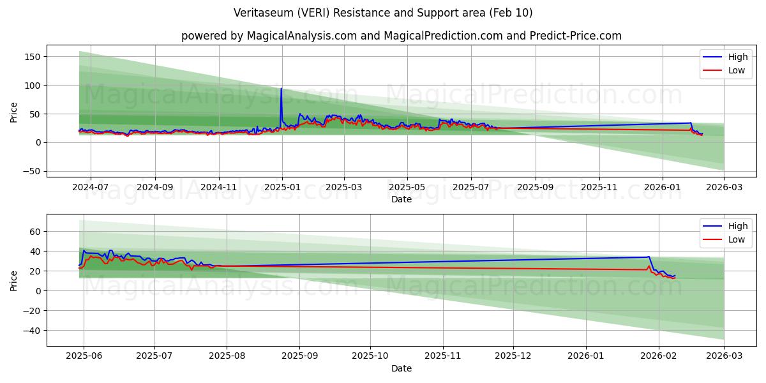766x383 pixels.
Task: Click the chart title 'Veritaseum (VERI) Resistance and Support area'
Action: (383, 13)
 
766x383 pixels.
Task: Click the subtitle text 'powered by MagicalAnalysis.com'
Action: (268, 36)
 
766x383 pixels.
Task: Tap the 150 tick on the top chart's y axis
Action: (33, 57)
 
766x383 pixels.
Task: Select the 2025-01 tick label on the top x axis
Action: (282, 188)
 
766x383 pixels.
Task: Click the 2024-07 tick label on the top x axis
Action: (90, 188)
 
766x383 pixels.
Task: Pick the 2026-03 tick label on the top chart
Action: (724, 188)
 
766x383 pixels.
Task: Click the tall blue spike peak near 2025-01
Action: (281, 89)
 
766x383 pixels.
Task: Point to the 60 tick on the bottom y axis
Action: (35, 231)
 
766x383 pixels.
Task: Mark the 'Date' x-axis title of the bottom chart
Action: (401, 368)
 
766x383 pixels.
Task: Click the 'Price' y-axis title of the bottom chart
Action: (14, 280)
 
